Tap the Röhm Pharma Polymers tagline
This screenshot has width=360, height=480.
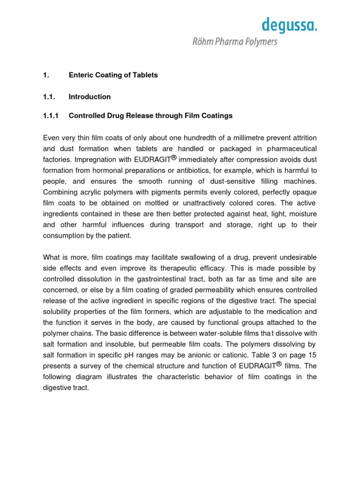click(235, 42)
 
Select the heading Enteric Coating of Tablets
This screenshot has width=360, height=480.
click(113, 75)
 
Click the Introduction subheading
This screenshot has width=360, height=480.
click(90, 97)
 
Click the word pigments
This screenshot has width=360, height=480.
click(155, 192)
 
